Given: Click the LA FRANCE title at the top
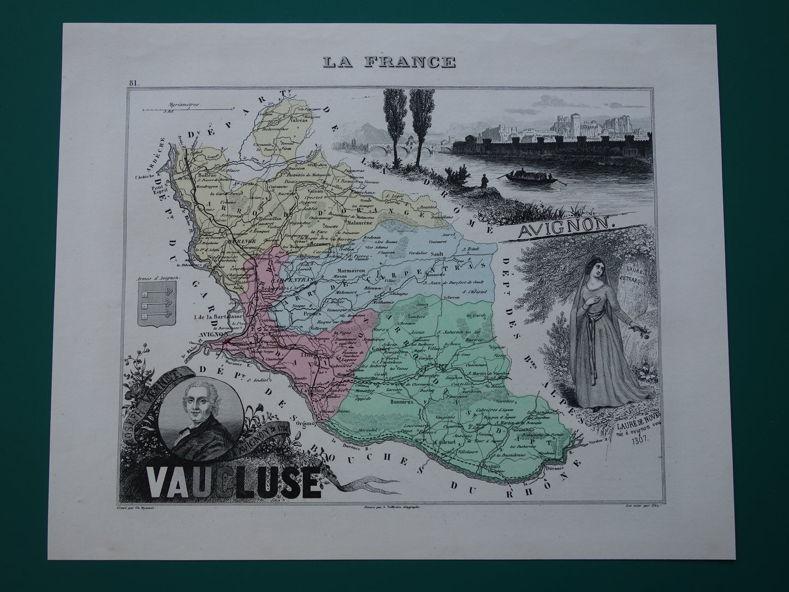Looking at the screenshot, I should pyautogui.click(x=388, y=62).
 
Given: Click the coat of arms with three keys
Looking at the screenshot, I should pyautogui.click(x=149, y=305).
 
